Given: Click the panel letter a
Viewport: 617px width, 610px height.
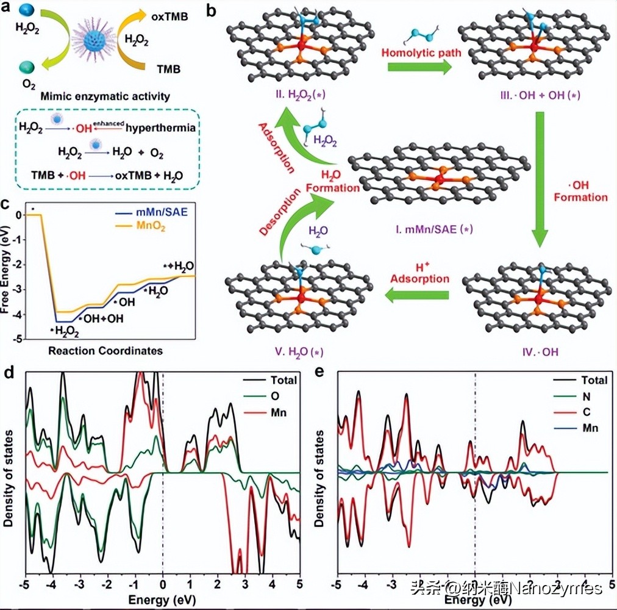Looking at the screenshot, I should pos(7,8).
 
